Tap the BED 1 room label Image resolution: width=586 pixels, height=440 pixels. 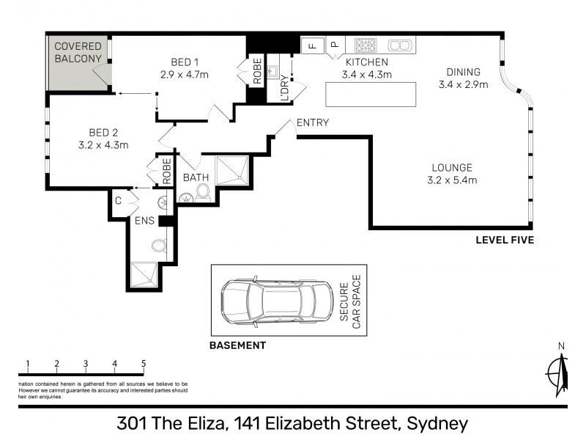click(185, 61)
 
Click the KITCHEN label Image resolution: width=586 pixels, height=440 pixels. click(366, 62)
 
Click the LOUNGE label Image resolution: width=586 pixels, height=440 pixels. click(452, 167)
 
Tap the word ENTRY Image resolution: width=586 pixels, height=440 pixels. click(313, 123)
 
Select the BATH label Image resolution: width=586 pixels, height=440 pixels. click(196, 177)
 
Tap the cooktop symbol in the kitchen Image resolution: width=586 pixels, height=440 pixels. click(364, 45)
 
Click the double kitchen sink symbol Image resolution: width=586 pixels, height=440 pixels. click(399, 45)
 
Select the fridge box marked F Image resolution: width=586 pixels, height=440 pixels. click(311, 45)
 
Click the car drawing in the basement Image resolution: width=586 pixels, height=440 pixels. click(275, 301)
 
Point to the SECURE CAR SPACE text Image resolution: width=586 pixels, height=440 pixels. click(349, 301)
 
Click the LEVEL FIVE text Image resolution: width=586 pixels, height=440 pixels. click(505, 240)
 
